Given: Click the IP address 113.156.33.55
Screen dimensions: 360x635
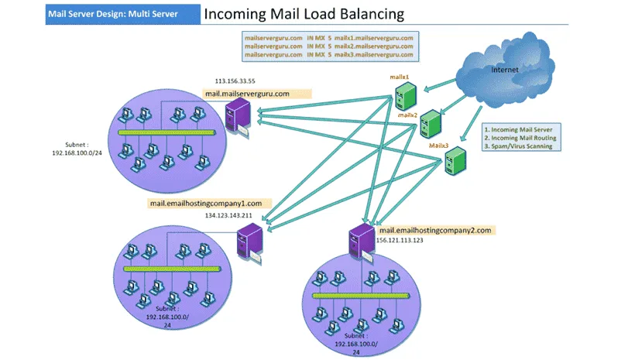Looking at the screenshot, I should coord(235,80).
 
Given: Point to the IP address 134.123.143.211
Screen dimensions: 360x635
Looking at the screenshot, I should coord(231,215).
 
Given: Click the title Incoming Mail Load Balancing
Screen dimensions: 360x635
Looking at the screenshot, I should coord(303,14).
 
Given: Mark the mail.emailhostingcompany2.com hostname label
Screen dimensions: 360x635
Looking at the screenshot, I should coord(435,230).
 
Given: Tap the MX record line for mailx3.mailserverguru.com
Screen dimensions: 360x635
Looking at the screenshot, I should coord(329,55).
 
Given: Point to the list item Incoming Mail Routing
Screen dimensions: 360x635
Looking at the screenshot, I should coord(520,137).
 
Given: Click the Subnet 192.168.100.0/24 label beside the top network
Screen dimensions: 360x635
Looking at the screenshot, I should coord(77,149).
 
